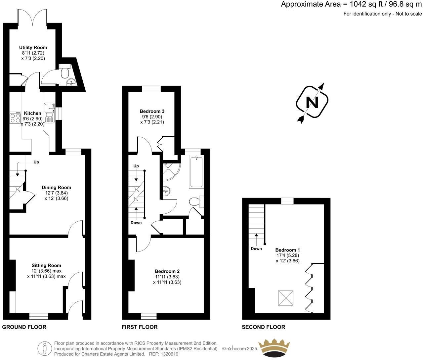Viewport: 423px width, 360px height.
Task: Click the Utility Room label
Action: (33, 48)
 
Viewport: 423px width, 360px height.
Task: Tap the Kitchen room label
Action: (32, 113)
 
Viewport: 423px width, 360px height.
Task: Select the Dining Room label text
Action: (56, 187)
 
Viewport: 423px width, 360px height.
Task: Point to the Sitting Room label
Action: (46, 265)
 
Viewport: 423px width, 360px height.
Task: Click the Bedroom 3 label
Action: (152, 112)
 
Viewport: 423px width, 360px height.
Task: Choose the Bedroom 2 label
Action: (167, 271)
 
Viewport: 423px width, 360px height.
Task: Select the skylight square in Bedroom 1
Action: (286, 298)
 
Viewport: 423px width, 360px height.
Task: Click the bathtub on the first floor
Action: (196, 172)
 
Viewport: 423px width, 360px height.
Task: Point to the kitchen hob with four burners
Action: (15, 118)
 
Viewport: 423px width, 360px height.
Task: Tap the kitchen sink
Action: (50, 107)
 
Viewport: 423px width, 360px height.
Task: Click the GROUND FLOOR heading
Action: (24, 327)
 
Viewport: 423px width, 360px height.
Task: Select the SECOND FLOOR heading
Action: (263, 327)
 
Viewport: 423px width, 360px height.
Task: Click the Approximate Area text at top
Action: (351, 4)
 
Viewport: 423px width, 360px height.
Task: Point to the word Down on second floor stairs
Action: (256, 248)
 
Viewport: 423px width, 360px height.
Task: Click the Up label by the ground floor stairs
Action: (36, 162)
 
